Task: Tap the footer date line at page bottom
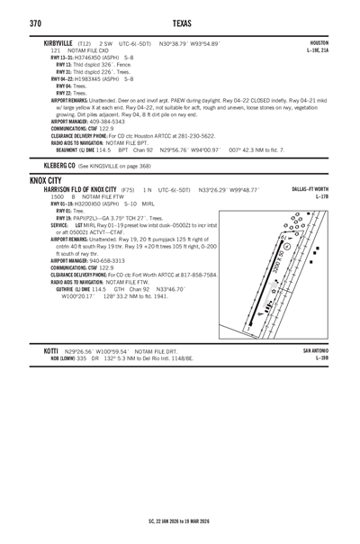180,520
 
